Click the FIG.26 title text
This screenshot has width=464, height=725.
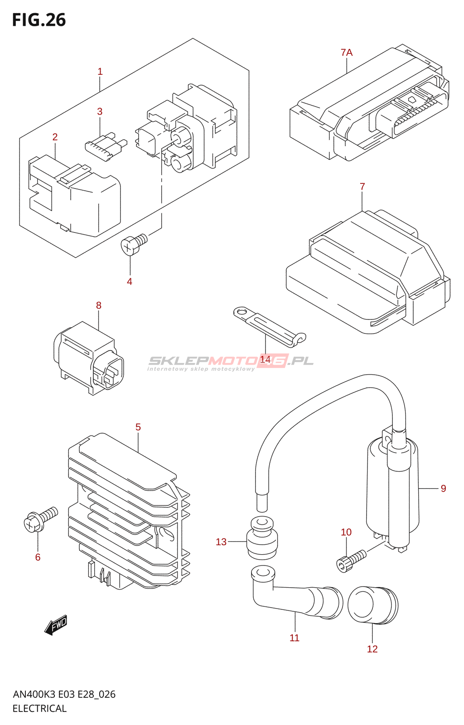click(39, 20)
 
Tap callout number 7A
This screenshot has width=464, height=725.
click(347, 53)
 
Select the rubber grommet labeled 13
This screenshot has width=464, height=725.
click(262, 539)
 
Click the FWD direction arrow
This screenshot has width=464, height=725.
click(56, 625)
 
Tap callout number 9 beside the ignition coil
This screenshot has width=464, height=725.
click(443, 488)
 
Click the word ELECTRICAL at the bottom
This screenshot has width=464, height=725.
click(39, 709)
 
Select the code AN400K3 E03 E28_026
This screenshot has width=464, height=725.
click(64, 694)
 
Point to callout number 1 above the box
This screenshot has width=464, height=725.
click(100, 72)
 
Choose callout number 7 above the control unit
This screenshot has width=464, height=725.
click(362, 187)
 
